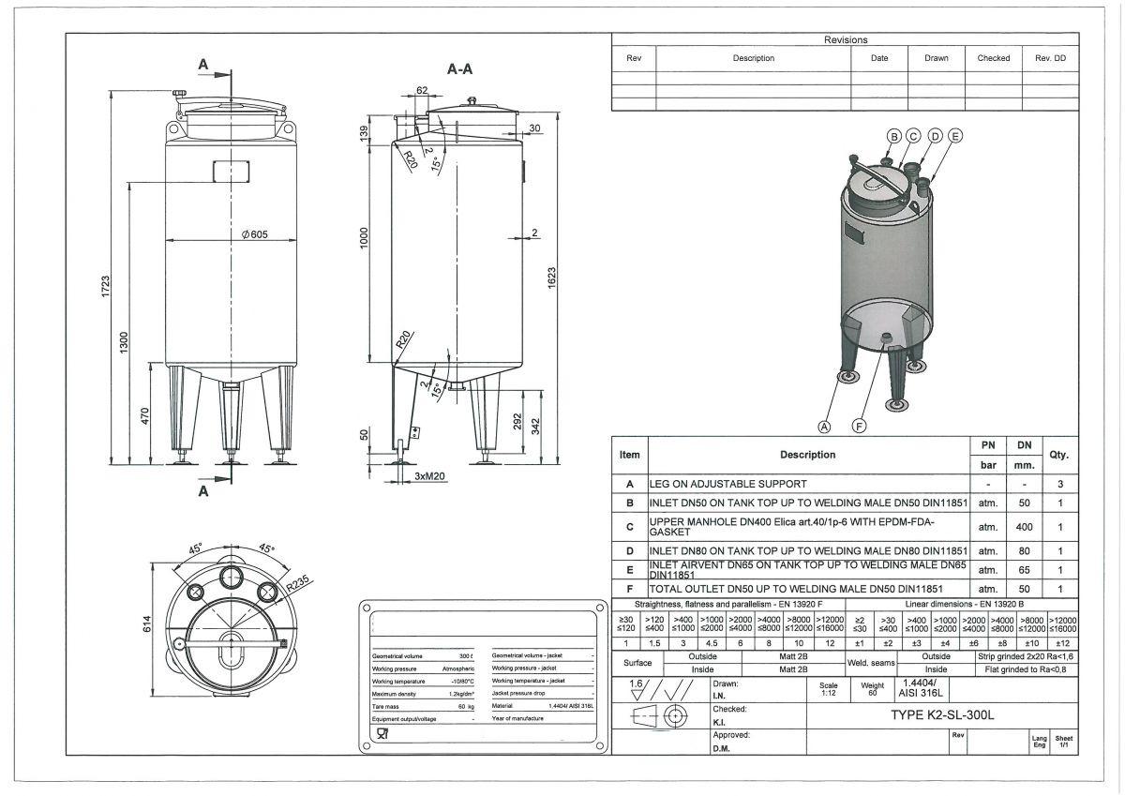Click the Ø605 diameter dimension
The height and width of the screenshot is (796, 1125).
tap(253, 234)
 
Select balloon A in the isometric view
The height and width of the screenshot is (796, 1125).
tap(825, 426)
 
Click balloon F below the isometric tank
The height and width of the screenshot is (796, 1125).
tap(859, 426)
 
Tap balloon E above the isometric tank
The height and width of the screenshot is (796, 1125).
tap(955, 136)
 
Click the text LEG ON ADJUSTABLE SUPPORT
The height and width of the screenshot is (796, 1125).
tap(728, 485)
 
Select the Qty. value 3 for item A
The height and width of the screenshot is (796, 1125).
tap(1060, 485)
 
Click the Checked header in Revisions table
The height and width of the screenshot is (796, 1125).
tap(993, 58)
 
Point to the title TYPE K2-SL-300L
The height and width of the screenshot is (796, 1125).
tap(941, 714)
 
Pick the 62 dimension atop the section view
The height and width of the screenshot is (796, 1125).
tap(422, 91)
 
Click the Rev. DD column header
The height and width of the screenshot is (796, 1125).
tap(1050, 58)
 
